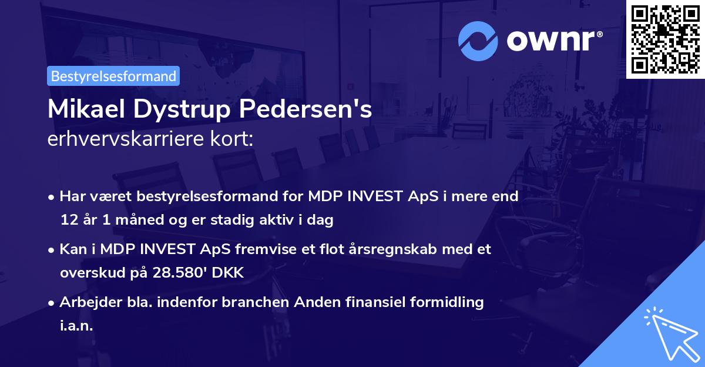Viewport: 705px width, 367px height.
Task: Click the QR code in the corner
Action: point(666,39)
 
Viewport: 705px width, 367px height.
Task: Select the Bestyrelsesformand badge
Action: point(113,76)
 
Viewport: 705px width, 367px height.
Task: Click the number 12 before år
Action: point(68,221)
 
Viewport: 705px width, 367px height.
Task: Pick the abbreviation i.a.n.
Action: point(76,326)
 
